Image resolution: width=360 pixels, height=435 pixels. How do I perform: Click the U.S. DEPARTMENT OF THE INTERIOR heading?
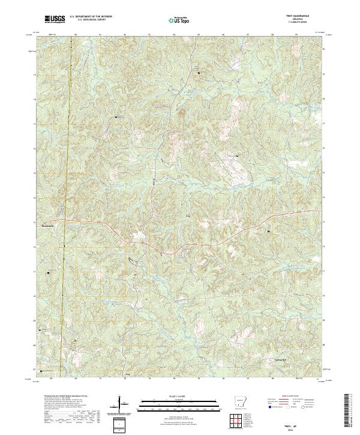pyautogui.click(x=91, y=17)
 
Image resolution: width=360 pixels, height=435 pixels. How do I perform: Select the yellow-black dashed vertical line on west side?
pyautogui.click(x=67, y=180)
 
